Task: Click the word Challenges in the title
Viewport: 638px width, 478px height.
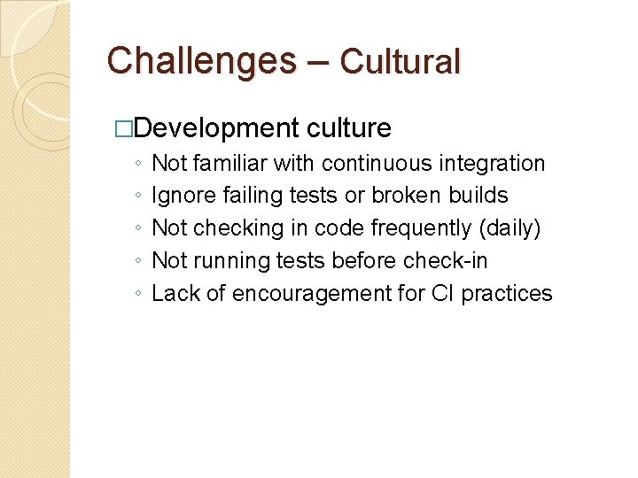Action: (x=201, y=60)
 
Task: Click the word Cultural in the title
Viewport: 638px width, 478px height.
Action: (x=401, y=61)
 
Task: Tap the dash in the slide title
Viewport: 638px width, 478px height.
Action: (x=318, y=61)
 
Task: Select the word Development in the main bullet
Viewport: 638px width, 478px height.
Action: (x=218, y=128)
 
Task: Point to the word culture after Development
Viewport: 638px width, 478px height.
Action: (x=349, y=128)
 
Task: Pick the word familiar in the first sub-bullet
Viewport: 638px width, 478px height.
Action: (x=230, y=164)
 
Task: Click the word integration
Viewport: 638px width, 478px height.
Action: (x=496, y=164)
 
